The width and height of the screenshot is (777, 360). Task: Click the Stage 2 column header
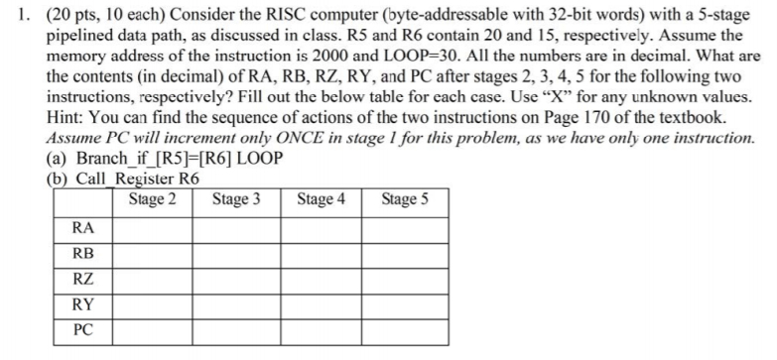click(153, 199)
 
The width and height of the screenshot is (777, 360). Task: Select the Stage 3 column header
click(236, 199)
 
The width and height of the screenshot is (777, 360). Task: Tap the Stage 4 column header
click(321, 199)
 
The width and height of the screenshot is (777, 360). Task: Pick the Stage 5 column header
click(405, 199)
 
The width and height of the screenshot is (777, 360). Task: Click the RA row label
click(83, 228)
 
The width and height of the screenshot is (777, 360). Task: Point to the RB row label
click(83, 253)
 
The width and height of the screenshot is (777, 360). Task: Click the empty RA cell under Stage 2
click(151, 228)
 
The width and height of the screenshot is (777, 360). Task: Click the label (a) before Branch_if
click(59, 159)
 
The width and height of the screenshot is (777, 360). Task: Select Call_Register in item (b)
click(122, 179)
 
